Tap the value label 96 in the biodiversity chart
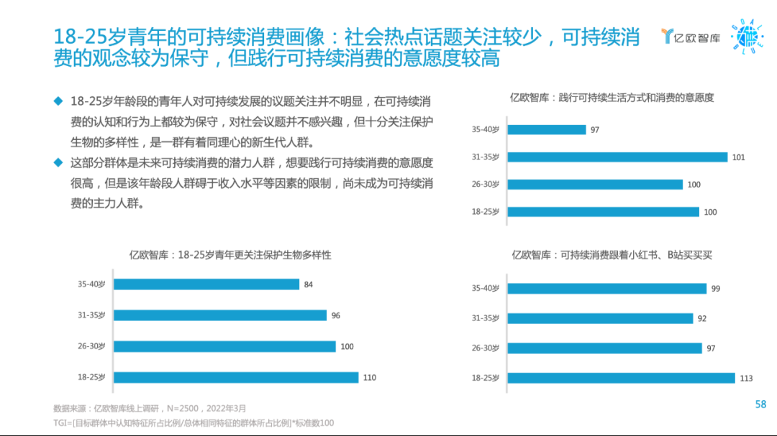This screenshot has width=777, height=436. tap(336, 315)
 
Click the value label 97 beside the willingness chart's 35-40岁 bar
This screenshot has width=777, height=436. tap(595, 130)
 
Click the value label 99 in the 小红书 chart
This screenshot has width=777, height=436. tap(715, 288)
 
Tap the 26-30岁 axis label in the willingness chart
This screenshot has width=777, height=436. tap(486, 185)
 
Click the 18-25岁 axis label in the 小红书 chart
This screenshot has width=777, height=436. tap(486, 378)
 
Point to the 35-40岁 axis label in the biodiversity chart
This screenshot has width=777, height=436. tap(91, 284)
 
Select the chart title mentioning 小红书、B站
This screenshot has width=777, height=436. tap(612, 255)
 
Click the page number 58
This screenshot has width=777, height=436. tap(760, 404)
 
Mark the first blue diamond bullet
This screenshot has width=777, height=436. tap(58, 101)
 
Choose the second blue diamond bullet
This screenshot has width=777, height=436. tap(58, 162)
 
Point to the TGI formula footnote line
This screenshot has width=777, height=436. tap(194, 423)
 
